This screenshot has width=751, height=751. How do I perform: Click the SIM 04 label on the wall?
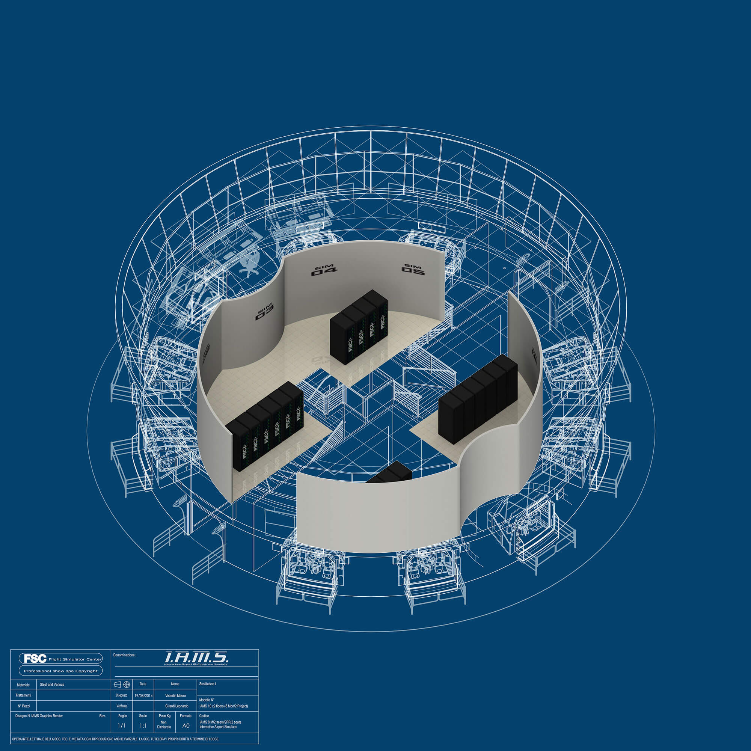pos(324,271)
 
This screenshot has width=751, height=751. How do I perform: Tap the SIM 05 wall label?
pos(413,269)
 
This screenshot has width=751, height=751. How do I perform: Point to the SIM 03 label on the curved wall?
pos(265,312)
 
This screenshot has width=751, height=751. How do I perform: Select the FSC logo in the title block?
pos(35,659)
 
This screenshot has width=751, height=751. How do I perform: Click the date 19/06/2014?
pos(143,695)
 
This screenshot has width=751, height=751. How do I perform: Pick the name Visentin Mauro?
pos(175,695)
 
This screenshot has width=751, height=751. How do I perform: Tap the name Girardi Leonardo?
pos(176,706)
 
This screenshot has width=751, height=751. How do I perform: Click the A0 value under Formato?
pos(186,726)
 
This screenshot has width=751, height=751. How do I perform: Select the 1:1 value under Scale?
pos(143,726)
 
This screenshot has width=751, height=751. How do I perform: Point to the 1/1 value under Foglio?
pos(122,726)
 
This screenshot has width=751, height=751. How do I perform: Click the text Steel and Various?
pos(52,685)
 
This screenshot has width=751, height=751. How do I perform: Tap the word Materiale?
pos(23,685)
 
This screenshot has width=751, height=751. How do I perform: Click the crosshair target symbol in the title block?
pos(126,684)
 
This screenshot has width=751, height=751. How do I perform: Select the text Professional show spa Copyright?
pos(60,671)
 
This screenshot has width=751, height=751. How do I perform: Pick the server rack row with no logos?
pos(478,398)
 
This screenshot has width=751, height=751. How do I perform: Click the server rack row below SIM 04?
pos(359,327)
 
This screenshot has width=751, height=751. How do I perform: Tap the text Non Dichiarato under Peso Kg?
pos(164,725)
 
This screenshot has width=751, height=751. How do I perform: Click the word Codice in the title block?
pos(204,716)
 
